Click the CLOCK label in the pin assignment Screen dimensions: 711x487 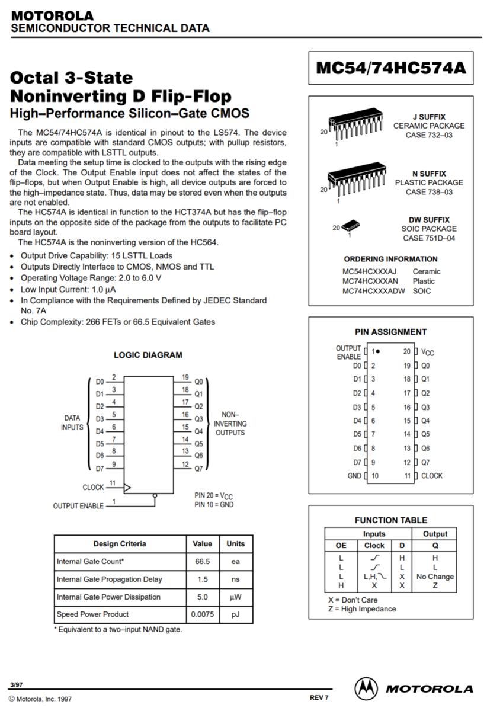431,476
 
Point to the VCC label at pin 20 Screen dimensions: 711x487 427,352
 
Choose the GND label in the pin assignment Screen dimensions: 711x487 354,476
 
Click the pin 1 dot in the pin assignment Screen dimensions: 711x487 378,351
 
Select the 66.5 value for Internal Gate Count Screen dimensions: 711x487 203,561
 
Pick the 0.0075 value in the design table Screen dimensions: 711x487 203,614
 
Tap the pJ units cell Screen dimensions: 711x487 235,614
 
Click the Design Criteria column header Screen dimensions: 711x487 119,544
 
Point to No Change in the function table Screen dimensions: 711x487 435,577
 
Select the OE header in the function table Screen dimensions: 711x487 341,545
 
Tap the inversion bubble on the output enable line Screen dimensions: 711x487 155,495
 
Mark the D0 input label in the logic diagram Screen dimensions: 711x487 100,382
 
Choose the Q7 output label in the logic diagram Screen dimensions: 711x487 198,468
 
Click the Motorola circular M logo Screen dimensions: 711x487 366,688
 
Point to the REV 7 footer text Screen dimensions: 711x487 319,697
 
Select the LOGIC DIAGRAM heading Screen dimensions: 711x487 148,355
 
